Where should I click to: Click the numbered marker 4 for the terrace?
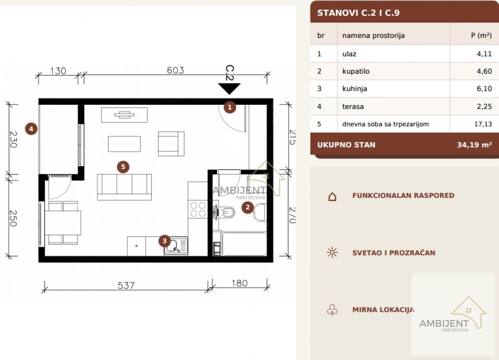point(31,129)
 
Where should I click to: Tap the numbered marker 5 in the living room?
point(123,167)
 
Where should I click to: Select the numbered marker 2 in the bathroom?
point(247,207)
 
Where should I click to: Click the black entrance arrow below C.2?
point(229,89)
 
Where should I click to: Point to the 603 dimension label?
point(175,70)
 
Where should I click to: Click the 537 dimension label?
point(126,286)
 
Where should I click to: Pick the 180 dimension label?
point(240,283)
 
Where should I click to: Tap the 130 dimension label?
point(58,71)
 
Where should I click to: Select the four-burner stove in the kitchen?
point(198,209)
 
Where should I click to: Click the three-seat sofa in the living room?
point(124,187)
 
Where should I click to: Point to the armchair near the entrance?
point(171,143)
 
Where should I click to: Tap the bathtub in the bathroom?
point(245,244)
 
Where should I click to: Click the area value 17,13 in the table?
point(483,124)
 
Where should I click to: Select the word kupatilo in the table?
point(356,71)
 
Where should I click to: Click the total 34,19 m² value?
point(474,145)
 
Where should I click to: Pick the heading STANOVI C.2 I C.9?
point(358,13)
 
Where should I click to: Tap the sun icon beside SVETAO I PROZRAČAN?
point(332,252)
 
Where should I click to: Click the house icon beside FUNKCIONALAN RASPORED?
point(332,196)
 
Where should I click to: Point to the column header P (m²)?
point(482,35)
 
